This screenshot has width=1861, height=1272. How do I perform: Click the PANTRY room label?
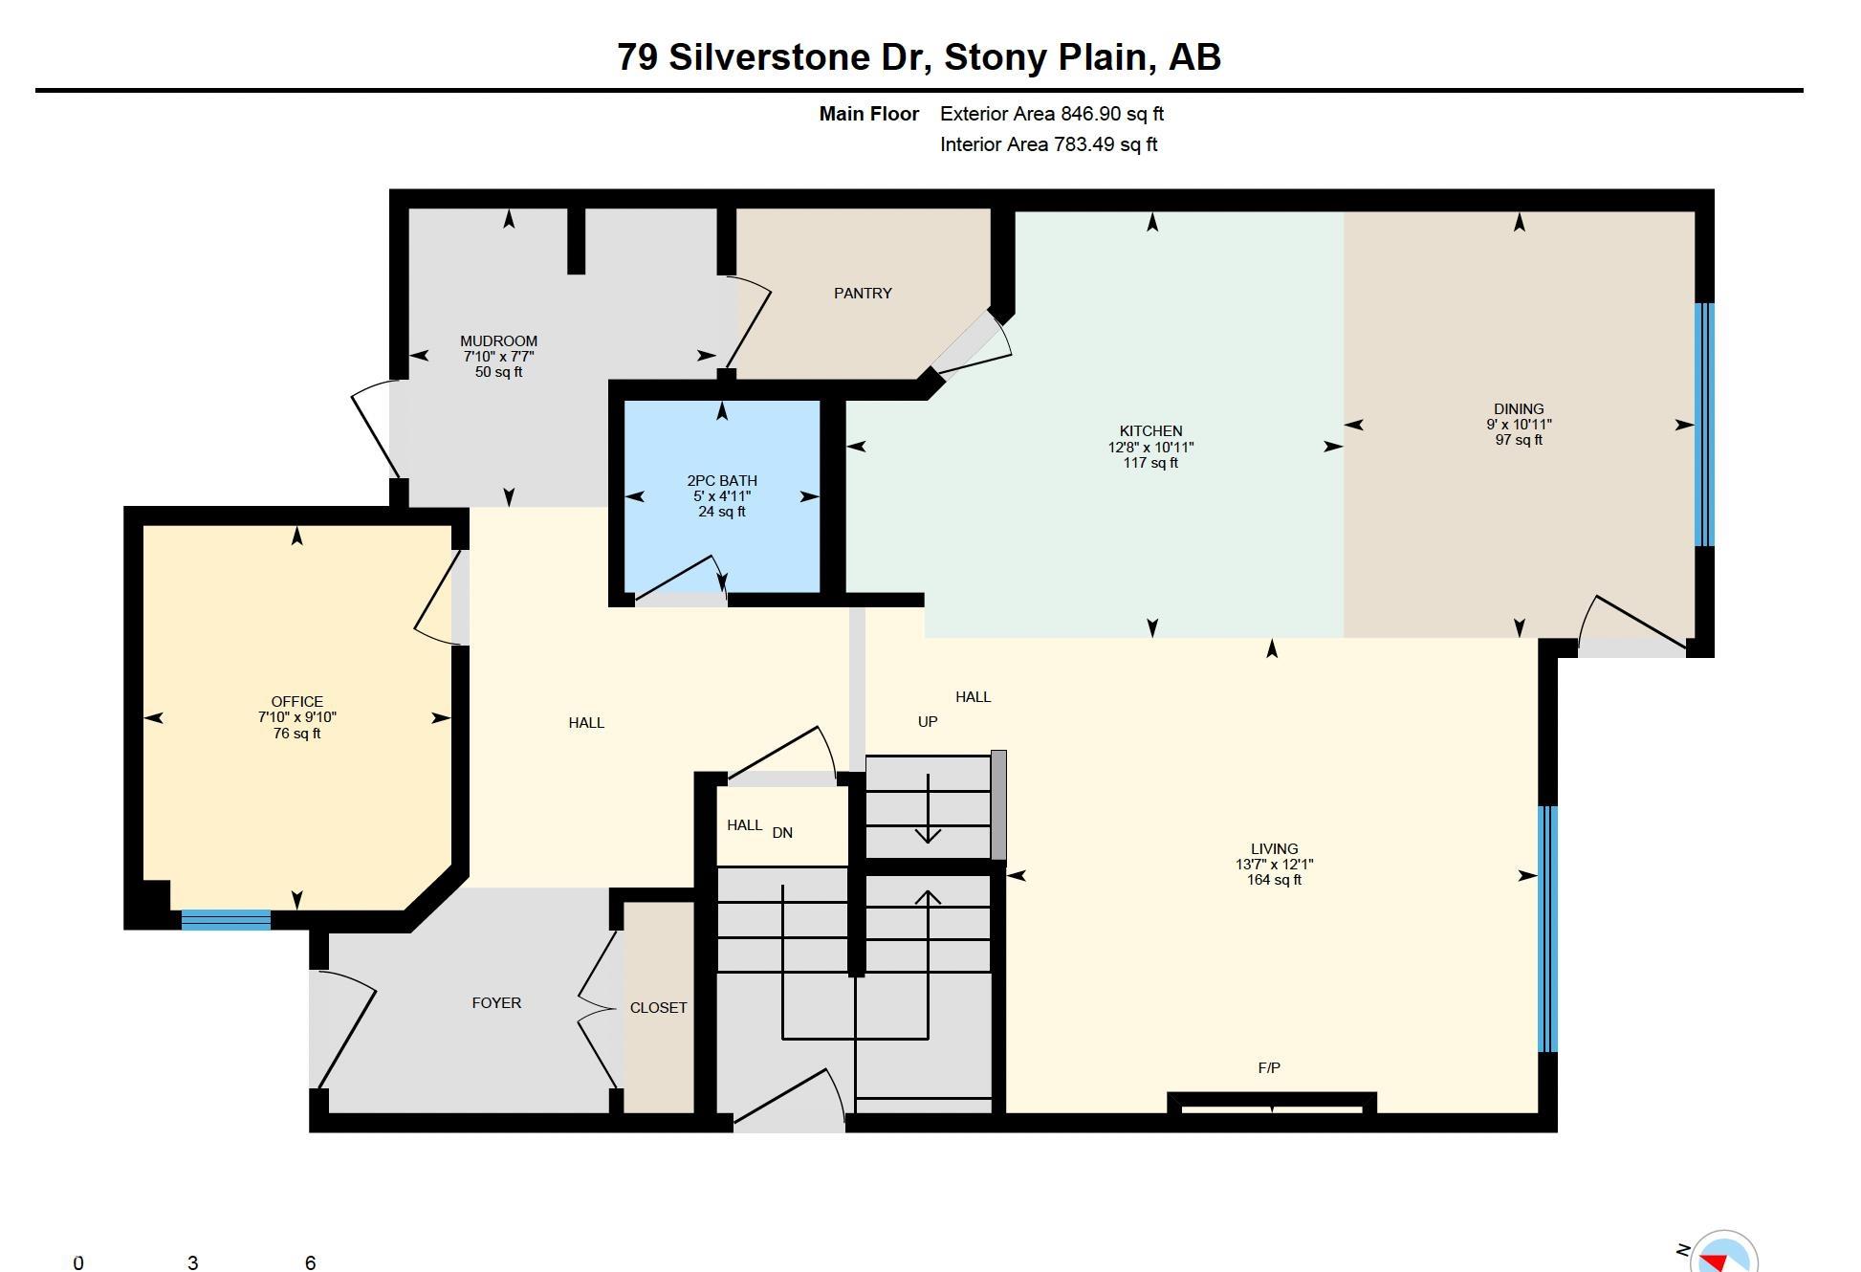pyautogui.click(x=863, y=294)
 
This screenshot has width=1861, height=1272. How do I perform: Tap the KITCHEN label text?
pyautogui.click(x=1150, y=431)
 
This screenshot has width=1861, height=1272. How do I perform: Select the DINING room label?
pyautogui.click(x=1519, y=409)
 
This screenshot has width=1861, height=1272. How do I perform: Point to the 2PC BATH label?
pyautogui.click(x=722, y=481)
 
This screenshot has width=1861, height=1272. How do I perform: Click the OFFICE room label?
pyautogui.click(x=296, y=702)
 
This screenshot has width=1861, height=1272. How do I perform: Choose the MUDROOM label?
pyautogui.click(x=498, y=341)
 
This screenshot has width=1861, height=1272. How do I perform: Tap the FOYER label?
pyautogui.click(x=496, y=1003)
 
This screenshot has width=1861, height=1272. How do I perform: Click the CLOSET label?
pyautogui.click(x=658, y=1008)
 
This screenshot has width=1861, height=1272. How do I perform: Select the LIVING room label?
pyautogui.click(x=1274, y=849)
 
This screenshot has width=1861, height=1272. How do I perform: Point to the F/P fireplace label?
pyautogui.click(x=1269, y=1068)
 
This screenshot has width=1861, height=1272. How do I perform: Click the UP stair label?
pyautogui.click(x=928, y=722)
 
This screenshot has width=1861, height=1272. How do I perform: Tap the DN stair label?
pyautogui.click(x=782, y=833)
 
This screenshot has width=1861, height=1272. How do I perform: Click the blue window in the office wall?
pyautogui.click(x=226, y=920)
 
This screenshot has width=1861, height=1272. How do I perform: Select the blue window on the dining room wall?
pyautogui.click(x=1704, y=425)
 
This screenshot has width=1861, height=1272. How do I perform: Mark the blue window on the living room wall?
pyautogui.click(x=1547, y=930)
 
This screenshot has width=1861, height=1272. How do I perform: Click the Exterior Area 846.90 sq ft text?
pyautogui.click(x=1052, y=114)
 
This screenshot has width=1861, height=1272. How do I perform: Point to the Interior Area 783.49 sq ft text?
pyautogui.click(x=1049, y=144)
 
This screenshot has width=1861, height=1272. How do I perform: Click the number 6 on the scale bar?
pyautogui.click(x=310, y=1262)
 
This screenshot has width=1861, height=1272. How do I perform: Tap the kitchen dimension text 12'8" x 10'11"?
pyautogui.click(x=1150, y=448)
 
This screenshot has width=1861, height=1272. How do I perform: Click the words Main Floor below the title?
pyautogui.click(x=868, y=114)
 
